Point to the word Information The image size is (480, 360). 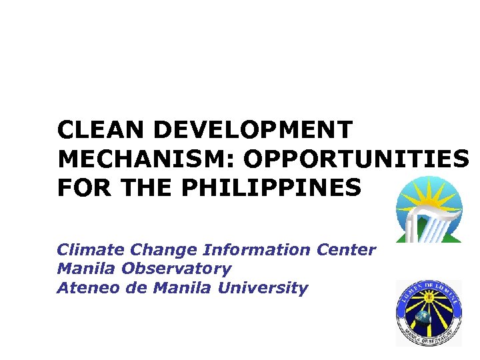click(257, 250)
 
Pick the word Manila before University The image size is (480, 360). click(179, 289)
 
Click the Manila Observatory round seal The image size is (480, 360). click(428, 313)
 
